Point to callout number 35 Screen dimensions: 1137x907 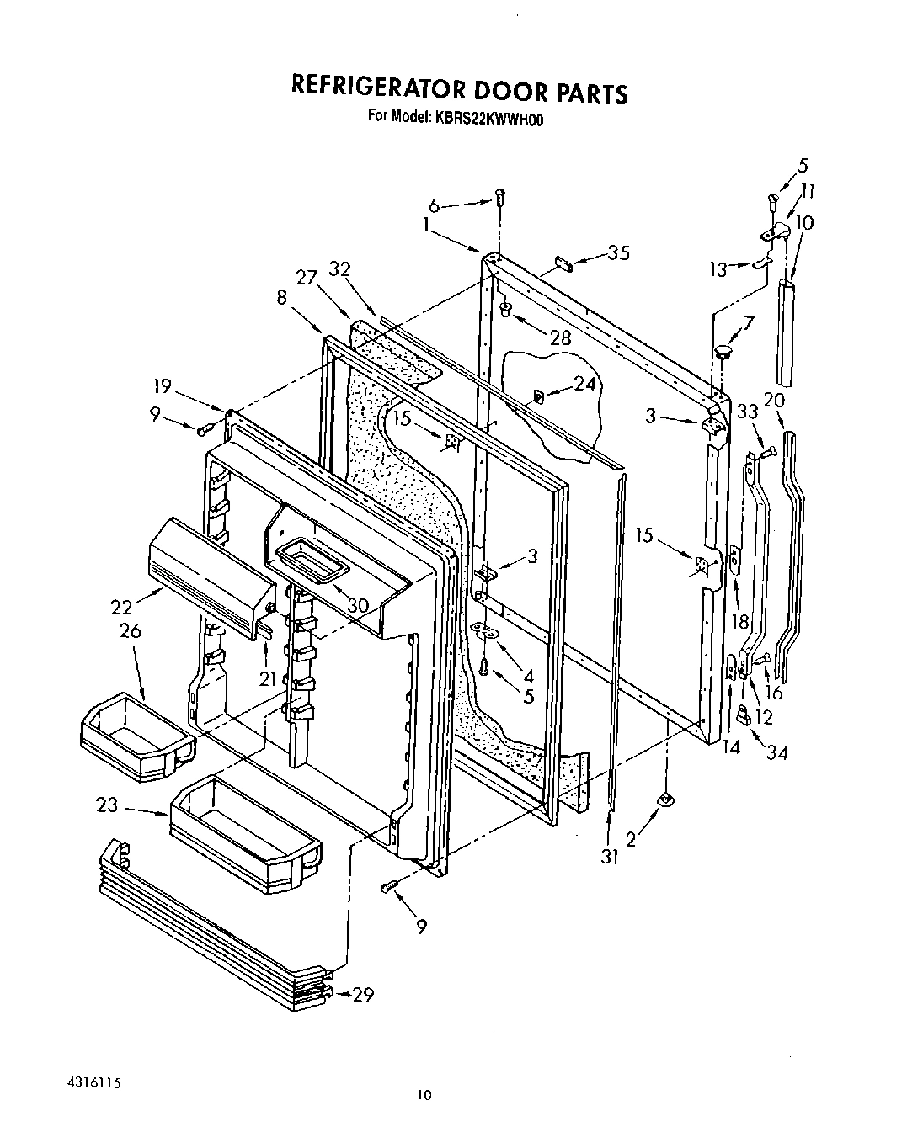coord(618,253)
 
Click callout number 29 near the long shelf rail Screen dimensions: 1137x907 coord(362,995)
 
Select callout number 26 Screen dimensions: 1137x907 coord(131,630)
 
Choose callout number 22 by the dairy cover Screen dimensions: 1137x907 coord(123,606)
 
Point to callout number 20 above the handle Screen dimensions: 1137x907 coord(774,400)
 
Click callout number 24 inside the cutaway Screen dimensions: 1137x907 coord(584,384)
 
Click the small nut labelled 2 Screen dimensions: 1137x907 coord(665,797)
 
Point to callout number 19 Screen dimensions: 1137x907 coord(162,386)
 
